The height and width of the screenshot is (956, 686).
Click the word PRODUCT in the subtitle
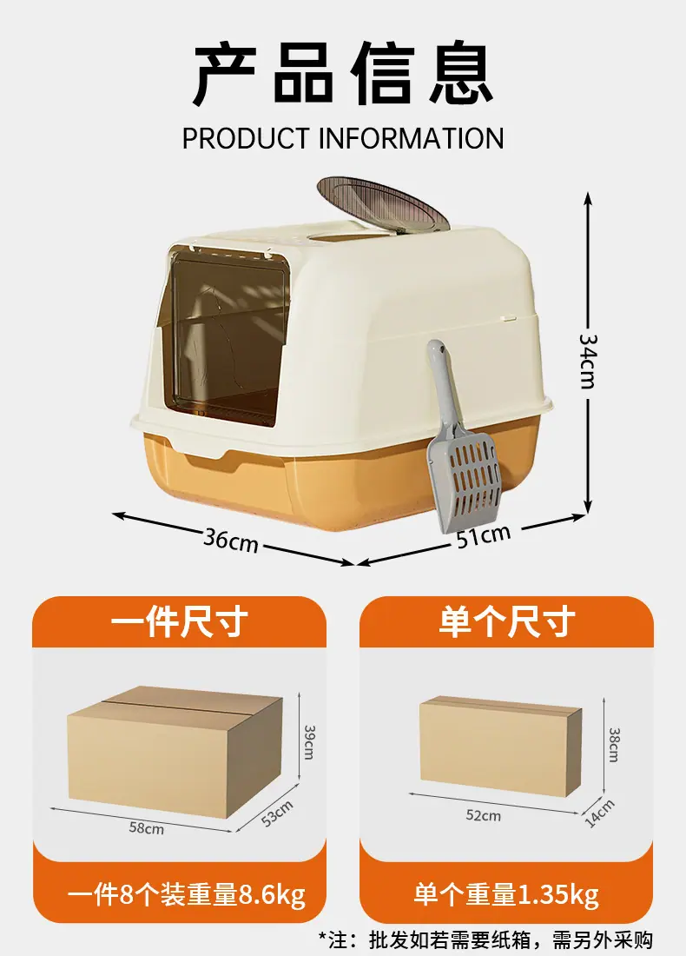[246, 138]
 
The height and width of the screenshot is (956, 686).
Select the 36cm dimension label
[231, 539]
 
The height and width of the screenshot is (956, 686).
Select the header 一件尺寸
[179, 623]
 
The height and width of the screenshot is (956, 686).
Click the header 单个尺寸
[506, 623]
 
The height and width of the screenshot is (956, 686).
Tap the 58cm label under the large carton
[146, 827]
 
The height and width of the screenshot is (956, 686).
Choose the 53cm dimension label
[278, 813]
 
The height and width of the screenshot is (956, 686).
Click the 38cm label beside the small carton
[613, 744]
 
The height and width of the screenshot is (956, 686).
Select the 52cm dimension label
[483, 815]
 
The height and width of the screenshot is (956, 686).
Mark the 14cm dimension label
[599, 813]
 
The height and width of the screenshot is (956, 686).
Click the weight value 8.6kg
[272, 894]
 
